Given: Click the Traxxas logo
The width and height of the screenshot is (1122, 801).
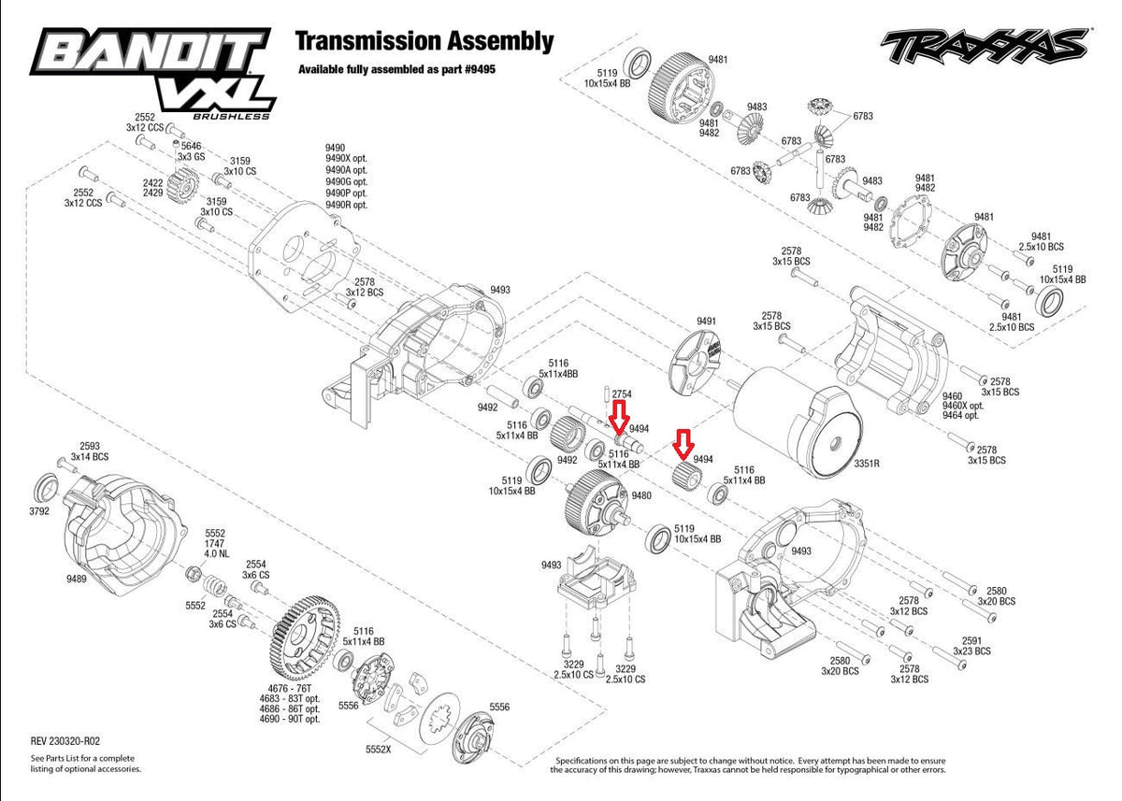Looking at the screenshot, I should click(984, 44).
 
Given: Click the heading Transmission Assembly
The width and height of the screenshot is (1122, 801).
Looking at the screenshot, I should click(424, 41).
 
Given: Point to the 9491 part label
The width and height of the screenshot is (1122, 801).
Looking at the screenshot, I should click(706, 321).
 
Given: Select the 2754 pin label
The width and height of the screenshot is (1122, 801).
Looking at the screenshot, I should click(622, 393).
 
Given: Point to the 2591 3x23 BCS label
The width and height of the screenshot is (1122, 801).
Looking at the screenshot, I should click(971, 645).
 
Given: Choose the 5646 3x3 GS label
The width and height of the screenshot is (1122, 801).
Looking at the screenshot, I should click(190, 151).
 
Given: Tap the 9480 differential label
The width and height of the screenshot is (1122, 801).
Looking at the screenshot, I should click(641, 495).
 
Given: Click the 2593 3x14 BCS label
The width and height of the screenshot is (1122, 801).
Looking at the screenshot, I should click(93, 451).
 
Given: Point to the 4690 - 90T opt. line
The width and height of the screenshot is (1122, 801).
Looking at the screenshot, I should click(291, 719).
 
